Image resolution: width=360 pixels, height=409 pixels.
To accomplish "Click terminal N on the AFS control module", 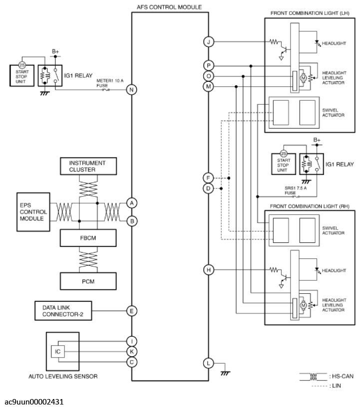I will (x=132, y=90).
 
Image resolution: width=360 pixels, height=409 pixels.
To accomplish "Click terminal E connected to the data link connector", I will (x=132, y=311).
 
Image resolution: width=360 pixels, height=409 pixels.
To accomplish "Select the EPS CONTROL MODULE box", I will (x=32, y=211).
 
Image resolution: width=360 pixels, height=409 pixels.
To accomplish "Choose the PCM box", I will (x=87, y=281).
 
